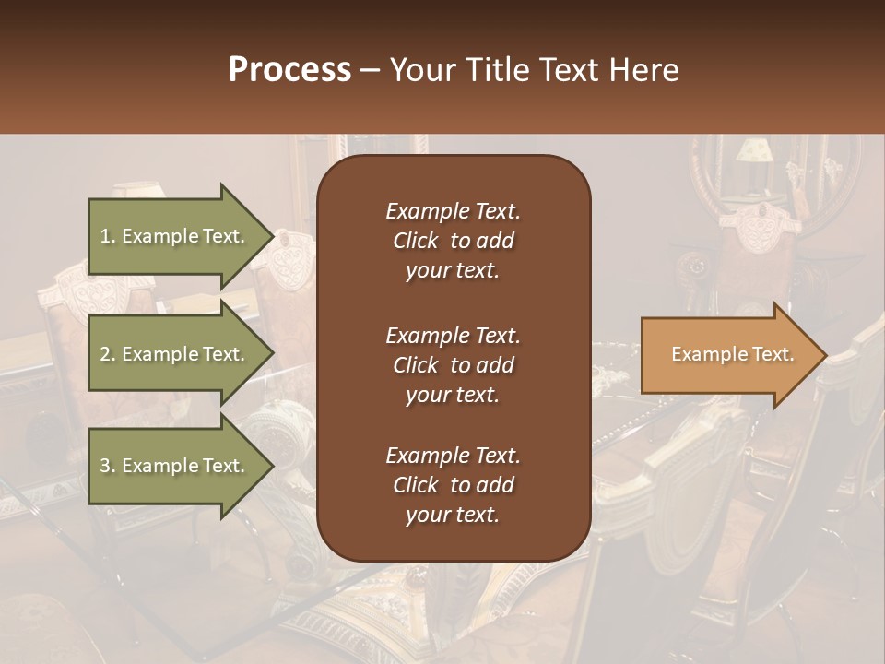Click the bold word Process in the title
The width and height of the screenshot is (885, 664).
[x=289, y=70]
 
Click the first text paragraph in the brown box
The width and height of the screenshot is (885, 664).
[x=453, y=241]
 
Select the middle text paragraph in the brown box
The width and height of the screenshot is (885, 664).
[x=453, y=364]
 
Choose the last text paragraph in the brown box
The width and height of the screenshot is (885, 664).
[x=453, y=485]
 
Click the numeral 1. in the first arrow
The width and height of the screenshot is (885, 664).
[x=108, y=236]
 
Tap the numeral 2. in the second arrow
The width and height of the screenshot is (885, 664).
[x=108, y=354]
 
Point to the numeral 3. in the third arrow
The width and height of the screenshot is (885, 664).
[x=108, y=466]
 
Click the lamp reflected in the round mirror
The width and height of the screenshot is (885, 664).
[x=756, y=152]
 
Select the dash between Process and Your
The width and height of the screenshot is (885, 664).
[x=370, y=71]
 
